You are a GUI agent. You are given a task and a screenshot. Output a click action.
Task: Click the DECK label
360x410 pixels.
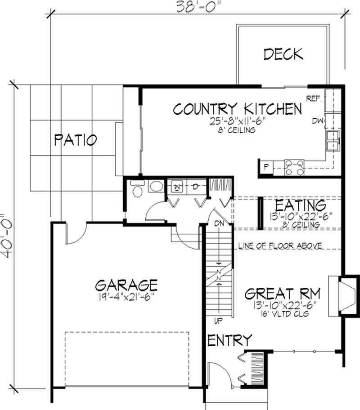click(x=283, y=54)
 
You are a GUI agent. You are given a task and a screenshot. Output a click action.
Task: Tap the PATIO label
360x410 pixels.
click(x=75, y=140)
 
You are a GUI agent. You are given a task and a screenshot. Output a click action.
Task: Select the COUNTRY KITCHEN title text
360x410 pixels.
click(x=237, y=109)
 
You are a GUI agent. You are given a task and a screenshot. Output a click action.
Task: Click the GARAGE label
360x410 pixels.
click(x=126, y=285)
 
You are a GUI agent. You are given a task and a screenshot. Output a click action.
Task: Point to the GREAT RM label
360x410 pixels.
click(x=283, y=294)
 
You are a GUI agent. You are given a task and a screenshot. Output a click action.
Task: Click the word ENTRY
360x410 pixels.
click(x=229, y=340)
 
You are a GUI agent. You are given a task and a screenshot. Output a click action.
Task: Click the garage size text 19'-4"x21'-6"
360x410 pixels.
click(x=126, y=297)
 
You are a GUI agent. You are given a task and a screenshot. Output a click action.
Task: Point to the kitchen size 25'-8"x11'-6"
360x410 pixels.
click(x=237, y=121)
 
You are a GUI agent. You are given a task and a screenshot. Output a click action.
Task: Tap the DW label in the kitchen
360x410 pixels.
click(x=317, y=120)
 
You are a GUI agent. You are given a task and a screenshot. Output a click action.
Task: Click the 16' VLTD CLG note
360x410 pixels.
click(x=283, y=314)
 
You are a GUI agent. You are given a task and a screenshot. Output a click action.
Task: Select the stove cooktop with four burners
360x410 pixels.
click(x=294, y=167)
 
